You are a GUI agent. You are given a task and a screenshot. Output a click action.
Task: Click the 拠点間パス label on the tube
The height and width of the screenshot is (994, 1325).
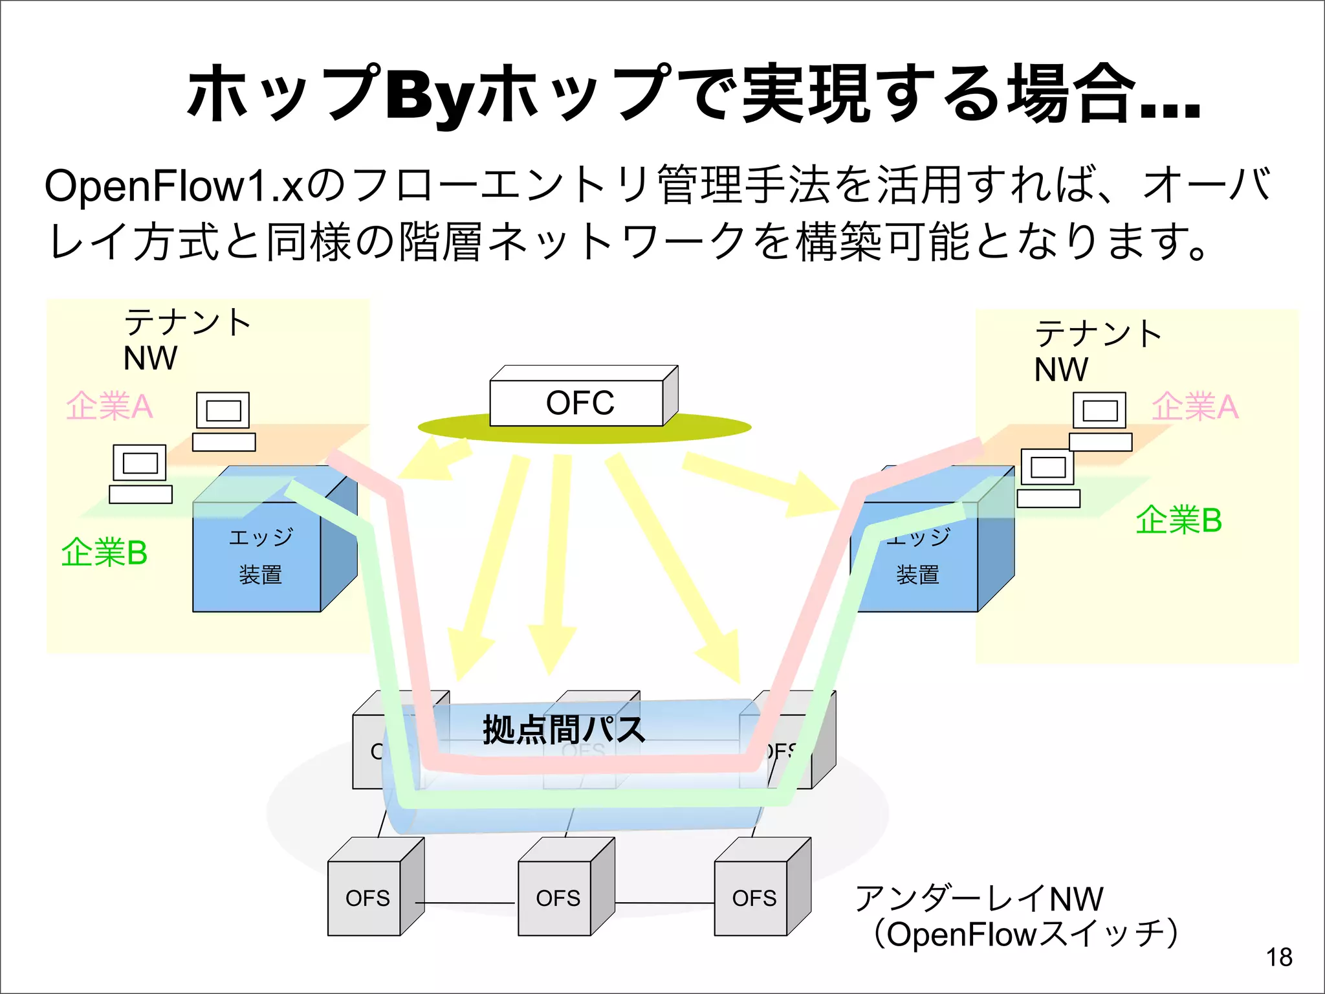pyautogui.click(x=564, y=729)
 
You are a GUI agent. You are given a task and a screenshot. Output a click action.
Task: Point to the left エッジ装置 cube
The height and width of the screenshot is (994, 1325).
pyautogui.click(x=259, y=557)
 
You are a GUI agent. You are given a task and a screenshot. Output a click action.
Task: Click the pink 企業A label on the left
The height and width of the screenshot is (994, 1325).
pyautogui.click(x=109, y=406)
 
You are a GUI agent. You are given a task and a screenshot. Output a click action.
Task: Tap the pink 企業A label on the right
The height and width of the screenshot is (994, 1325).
pyautogui.click(x=1194, y=407)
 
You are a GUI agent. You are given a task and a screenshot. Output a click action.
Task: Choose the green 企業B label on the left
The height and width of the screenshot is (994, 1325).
pyautogui.click(x=104, y=553)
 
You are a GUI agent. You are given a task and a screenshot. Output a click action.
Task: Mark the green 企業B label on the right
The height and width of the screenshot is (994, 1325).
pyautogui.click(x=1178, y=520)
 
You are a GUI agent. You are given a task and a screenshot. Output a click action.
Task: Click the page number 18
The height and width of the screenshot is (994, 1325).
pyautogui.click(x=1278, y=957)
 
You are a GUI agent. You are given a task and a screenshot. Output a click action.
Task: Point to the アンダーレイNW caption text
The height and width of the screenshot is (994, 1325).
pyautogui.click(x=978, y=898)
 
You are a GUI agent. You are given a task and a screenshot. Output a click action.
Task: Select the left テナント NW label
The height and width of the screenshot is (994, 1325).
pyautogui.click(x=184, y=340)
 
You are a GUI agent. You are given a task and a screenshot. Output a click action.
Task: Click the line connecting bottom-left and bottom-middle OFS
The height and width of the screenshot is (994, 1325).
pyautogui.click(x=466, y=903)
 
